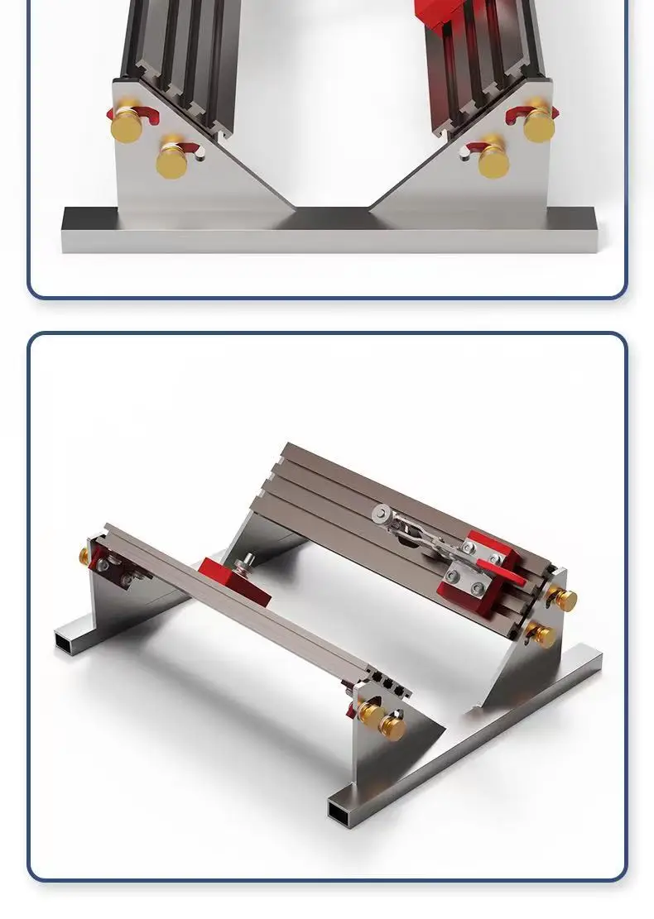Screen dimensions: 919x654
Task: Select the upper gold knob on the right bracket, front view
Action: click(x=538, y=124)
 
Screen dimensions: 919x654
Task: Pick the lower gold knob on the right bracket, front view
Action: click(x=493, y=160)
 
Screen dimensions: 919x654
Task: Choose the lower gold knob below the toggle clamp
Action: click(x=543, y=634)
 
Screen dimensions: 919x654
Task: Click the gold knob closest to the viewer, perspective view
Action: click(x=392, y=726)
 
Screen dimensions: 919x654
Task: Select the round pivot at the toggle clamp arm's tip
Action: click(x=381, y=514)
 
